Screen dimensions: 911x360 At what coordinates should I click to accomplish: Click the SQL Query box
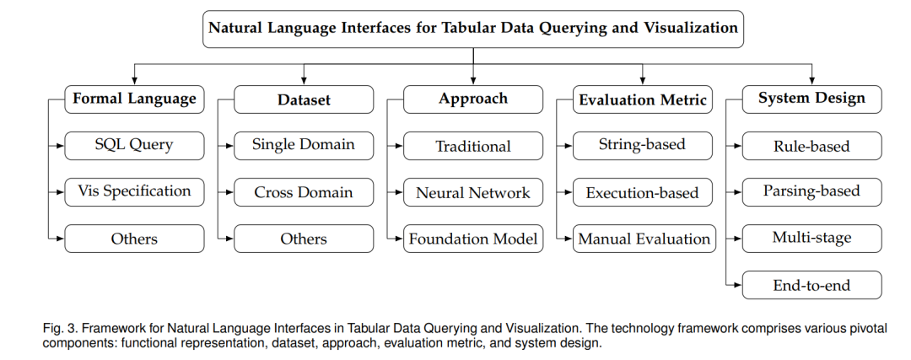[134, 146]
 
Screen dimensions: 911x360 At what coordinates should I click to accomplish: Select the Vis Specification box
[134, 192]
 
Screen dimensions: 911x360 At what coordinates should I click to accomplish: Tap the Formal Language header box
[134, 99]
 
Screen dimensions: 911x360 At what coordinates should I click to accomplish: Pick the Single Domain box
[304, 146]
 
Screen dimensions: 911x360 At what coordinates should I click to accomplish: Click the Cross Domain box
[304, 192]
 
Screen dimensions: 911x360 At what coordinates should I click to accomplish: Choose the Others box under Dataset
[304, 239]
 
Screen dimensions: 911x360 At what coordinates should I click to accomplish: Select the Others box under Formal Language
[134, 239]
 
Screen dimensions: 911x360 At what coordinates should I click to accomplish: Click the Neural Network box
[473, 192]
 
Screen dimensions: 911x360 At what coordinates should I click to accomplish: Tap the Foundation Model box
[473, 239]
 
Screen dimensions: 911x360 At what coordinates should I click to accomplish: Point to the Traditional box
[473, 146]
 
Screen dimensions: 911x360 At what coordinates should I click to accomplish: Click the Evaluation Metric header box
[643, 99]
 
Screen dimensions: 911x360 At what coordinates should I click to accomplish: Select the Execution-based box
[643, 192]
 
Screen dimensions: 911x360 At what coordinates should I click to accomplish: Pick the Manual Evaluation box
[644, 239]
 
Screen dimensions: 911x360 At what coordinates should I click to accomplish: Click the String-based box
[643, 146]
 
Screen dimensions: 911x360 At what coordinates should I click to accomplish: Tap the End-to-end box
[811, 285]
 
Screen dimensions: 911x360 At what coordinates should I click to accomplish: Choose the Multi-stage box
[811, 239]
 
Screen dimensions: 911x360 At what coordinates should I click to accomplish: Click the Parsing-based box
[811, 192]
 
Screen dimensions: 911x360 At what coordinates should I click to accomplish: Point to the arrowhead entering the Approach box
[473, 82]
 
